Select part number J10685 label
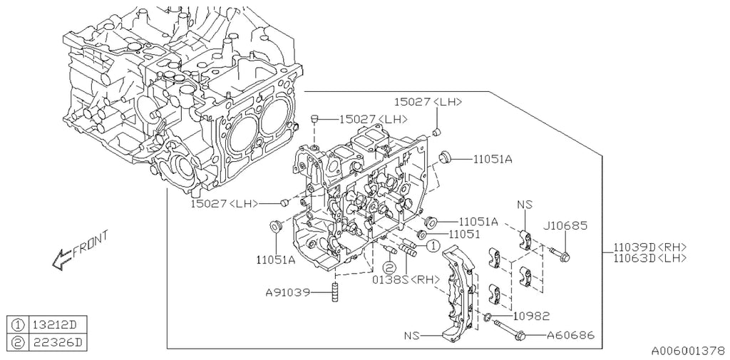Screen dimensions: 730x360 point(565,226)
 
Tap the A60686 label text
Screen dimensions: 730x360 point(570,335)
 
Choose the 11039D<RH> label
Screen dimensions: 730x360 point(649,247)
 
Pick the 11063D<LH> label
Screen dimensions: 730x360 point(649,257)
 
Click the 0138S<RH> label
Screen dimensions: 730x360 point(406,279)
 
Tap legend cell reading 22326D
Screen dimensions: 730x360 point(57,343)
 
